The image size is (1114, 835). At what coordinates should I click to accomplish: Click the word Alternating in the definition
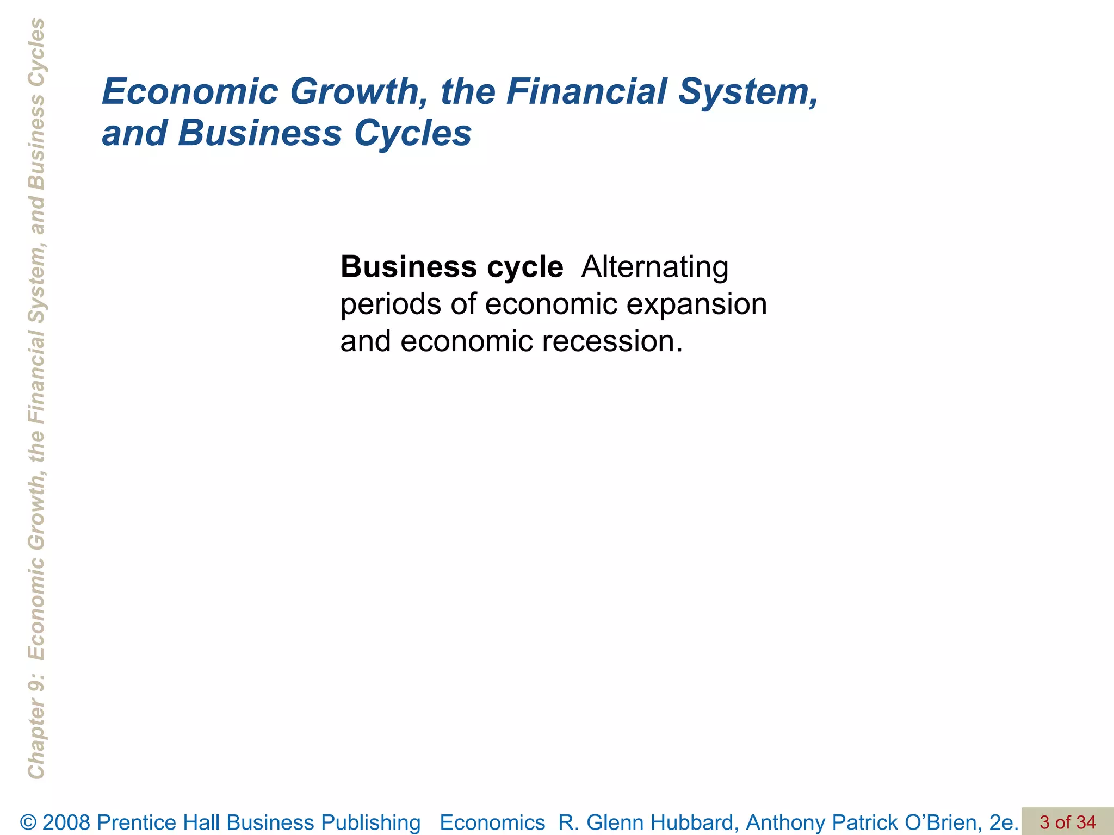point(654,267)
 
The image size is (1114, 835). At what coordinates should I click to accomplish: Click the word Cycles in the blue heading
point(413,133)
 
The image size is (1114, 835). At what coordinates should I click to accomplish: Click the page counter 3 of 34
point(1067,822)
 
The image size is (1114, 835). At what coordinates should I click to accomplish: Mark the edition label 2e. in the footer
point(1004,822)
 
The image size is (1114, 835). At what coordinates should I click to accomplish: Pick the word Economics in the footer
point(492,822)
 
